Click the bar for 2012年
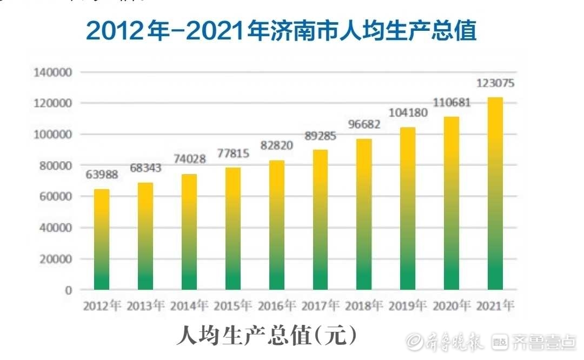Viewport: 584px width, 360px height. click(x=102, y=239)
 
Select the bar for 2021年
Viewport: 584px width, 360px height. click(x=495, y=194)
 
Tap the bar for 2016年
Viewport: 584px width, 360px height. click(x=276, y=225)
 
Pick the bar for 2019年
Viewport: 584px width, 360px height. click(x=408, y=209)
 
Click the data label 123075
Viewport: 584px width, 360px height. click(x=495, y=84)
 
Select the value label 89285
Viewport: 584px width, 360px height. click(x=320, y=136)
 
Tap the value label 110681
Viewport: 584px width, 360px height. click(x=452, y=103)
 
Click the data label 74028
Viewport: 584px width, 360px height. click(x=189, y=160)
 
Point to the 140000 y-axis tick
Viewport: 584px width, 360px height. click(x=52, y=72)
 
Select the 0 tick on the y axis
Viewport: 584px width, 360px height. click(x=68, y=290)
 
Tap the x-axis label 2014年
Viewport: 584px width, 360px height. click(x=189, y=306)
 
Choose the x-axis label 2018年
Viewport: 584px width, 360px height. click(x=364, y=306)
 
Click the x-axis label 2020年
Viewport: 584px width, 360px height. click(x=452, y=306)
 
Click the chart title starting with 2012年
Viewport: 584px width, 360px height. click(x=281, y=31)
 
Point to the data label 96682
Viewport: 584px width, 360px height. click(x=364, y=124)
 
